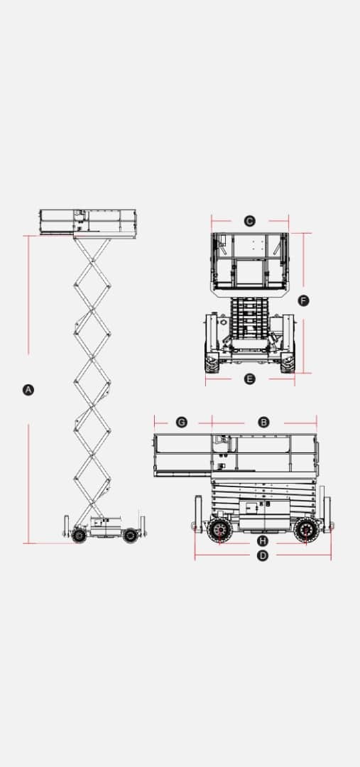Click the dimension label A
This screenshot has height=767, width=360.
pos(28,390)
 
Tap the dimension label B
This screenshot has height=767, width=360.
pos(263,422)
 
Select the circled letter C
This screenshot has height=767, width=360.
pos(249,221)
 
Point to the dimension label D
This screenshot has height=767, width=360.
pos(263,555)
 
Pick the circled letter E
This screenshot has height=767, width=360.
pos(249,379)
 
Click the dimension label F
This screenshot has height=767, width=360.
pos(304,300)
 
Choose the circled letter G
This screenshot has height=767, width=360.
pos(182,422)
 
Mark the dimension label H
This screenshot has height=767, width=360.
pos(263,540)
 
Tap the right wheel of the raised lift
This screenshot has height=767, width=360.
pos(130,535)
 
